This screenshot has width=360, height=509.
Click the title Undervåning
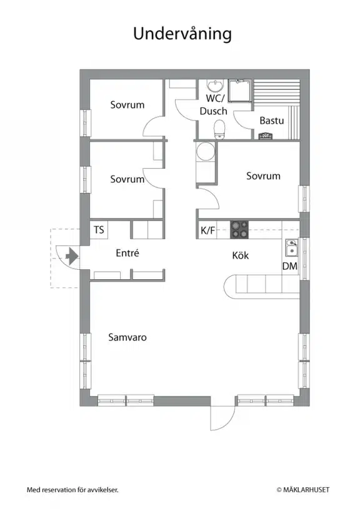pos(182,34)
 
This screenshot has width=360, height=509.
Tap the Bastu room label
pos(272,121)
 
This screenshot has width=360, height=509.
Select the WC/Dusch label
pos(214,104)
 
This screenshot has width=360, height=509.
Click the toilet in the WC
pos(219,129)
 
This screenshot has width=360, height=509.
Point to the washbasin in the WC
pos(215,86)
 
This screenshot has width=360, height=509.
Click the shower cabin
pos(240,91)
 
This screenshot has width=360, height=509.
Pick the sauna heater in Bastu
pos(264,136)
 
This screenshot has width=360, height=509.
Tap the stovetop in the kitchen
pos(239,230)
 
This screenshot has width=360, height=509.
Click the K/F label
pos(208,230)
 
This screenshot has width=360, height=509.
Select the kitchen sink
pos(291,248)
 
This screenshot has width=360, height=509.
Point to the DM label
pos(290,266)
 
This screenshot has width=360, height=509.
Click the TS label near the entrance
pos(99,230)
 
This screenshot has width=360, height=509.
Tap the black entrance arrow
pos(72,257)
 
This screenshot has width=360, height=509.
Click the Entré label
pos(127,253)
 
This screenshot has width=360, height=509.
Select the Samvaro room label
pos(127,337)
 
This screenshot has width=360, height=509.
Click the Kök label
pos(241,255)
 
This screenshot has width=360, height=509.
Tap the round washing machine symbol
pos(206,151)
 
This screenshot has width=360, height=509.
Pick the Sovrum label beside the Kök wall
pos(263,176)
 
